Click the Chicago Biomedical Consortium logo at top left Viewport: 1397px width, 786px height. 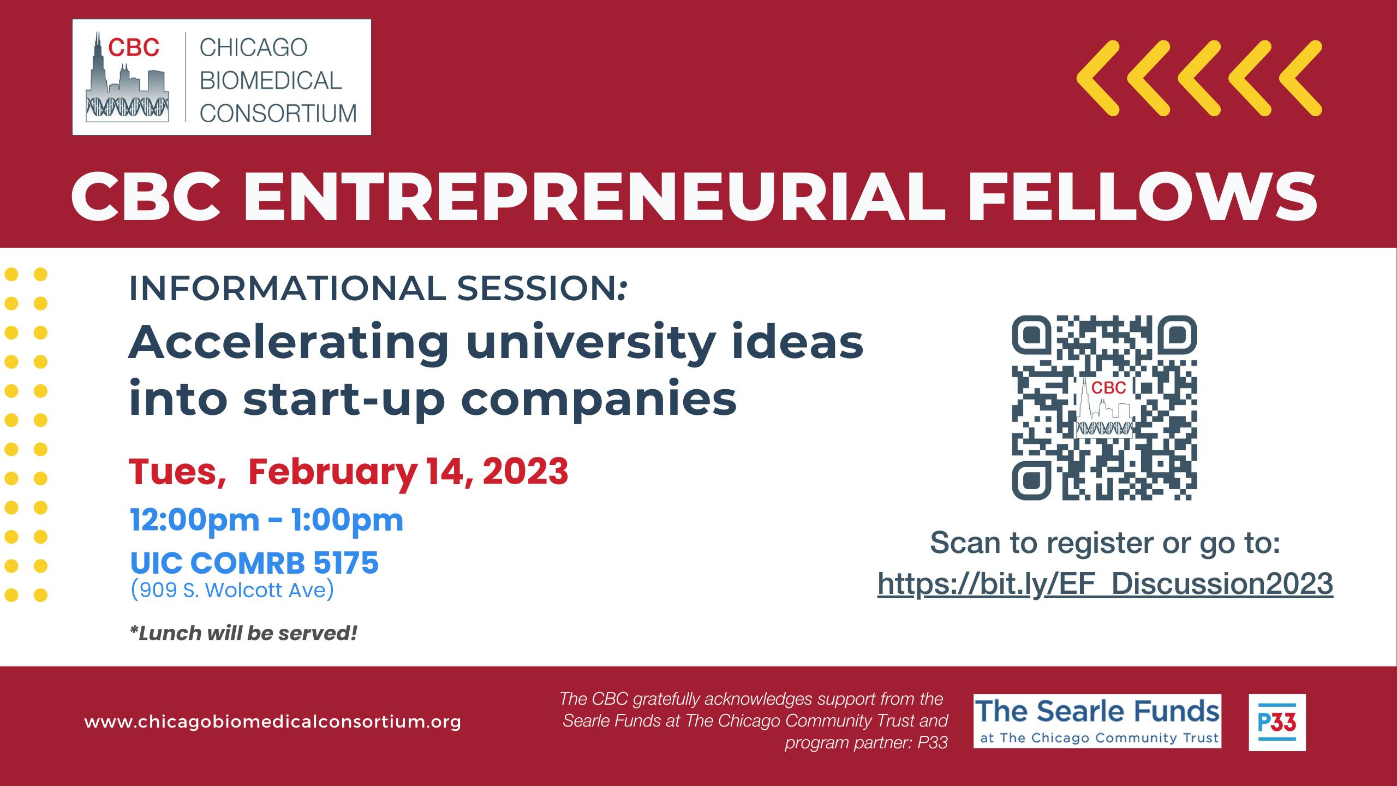click(222, 77)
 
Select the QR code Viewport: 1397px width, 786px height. click(1105, 408)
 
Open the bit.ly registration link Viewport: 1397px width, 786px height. click(1106, 583)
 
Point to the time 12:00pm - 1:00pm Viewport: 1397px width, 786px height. click(267, 520)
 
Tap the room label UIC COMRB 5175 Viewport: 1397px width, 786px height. click(254, 563)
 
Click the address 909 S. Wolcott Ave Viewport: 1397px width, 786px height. click(232, 591)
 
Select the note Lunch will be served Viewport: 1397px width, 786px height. click(243, 633)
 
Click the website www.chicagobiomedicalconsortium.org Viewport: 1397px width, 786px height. click(273, 722)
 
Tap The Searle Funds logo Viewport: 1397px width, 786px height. click(1097, 721)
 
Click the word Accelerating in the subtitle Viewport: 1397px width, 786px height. click(288, 344)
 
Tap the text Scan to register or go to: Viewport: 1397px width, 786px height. click(1105, 543)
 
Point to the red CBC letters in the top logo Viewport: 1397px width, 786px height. click(134, 47)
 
